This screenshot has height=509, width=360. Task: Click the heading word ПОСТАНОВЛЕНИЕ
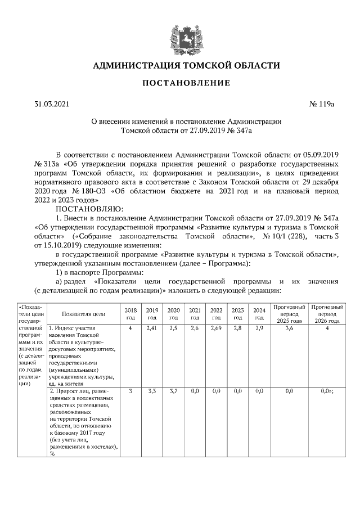click(185, 83)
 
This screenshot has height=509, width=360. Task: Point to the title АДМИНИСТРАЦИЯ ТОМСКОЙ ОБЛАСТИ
click(186, 65)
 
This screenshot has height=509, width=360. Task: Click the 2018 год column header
click(130, 313)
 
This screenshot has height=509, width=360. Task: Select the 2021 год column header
click(195, 313)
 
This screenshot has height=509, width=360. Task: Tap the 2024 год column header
click(259, 313)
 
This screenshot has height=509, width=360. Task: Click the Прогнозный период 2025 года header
click(289, 313)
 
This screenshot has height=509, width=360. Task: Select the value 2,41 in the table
click(151, 328)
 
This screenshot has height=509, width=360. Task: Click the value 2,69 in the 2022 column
click(216, 328)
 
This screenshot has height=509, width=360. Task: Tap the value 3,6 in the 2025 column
click(289, 328)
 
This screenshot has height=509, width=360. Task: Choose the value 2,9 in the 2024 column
click(259, 328)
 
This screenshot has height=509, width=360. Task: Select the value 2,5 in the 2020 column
click(173, 328)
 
